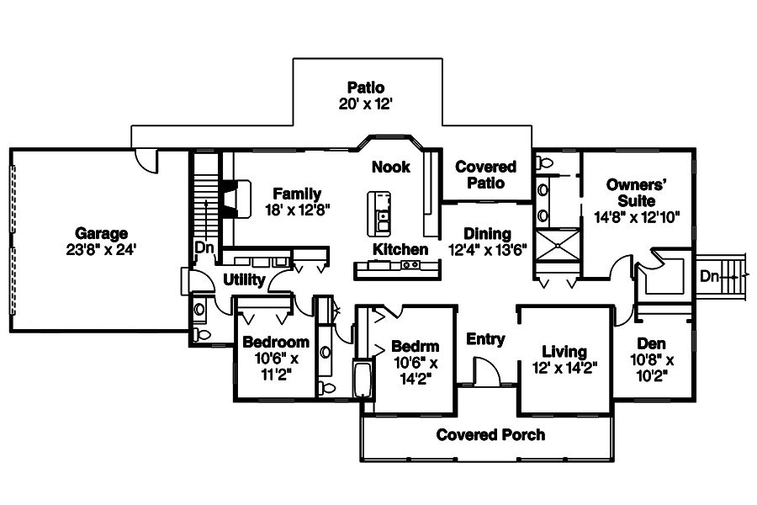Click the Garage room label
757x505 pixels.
pyautogui.click(x=101, y=233)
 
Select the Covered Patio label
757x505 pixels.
pyautogui.click(x=485, y=174)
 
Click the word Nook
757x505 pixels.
pyautogui.click(x=391, y=167)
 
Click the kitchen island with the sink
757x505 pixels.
pyautogui.click(x=379, y=213)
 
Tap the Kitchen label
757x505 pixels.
pyautogui.click(x=400, y=249)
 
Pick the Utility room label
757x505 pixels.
pyautogui.click(x=245, y=279)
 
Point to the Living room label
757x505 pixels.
pyautogui.click(x=564, y=352)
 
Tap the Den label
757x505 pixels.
pyautogui.click(x=651, y=343)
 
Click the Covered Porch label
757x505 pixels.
pyautogui.click(x=490, y=434)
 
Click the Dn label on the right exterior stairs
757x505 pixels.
pyautogui.click(x=709, y=275)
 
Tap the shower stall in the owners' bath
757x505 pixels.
pyautogui.click(x=556, y=246)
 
